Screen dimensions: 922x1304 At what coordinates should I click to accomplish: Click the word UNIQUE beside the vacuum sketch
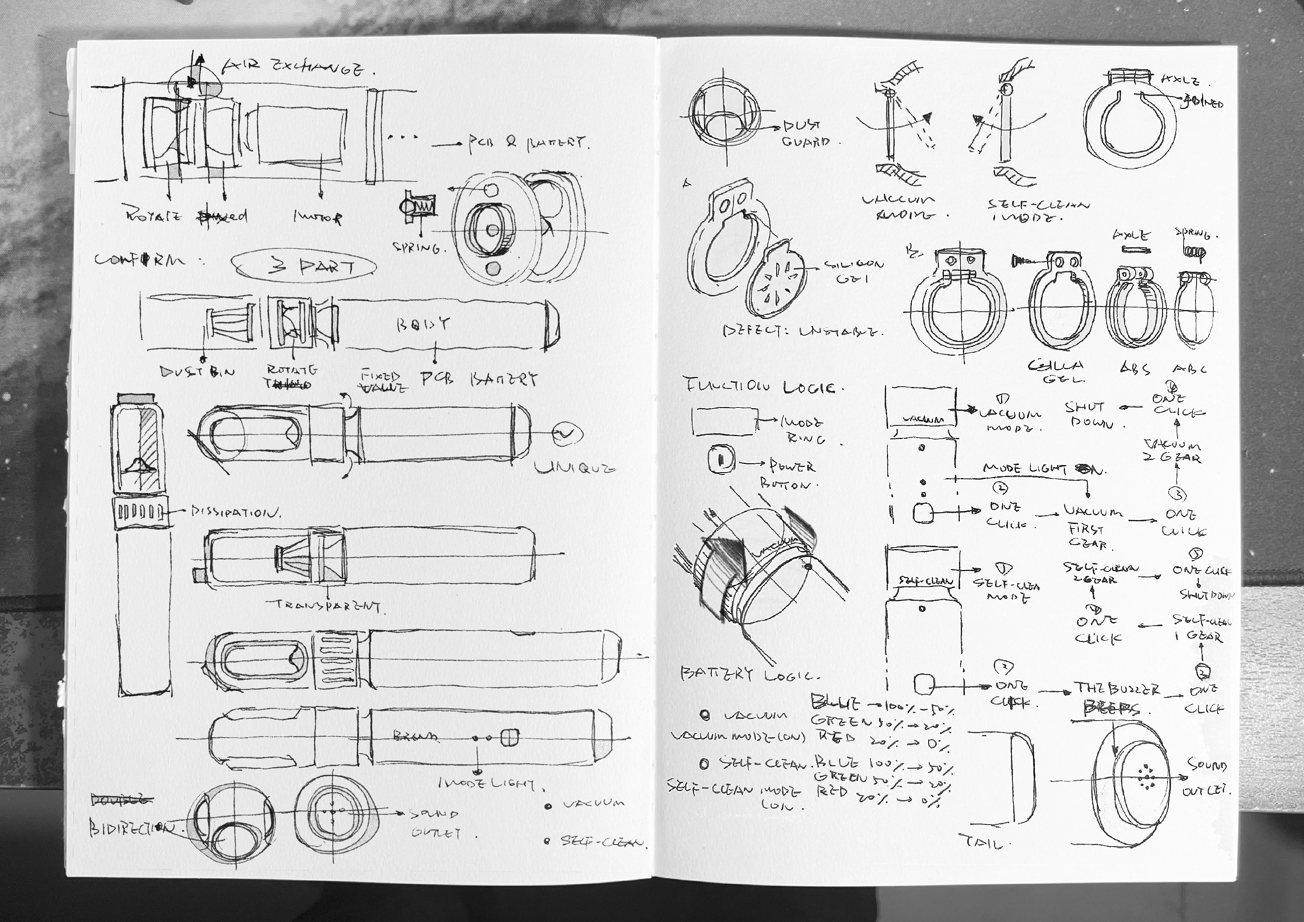pos(574,468)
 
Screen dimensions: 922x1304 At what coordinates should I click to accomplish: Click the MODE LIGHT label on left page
pos(491,784)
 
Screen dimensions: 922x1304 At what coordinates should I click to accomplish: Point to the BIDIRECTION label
pos(131,828)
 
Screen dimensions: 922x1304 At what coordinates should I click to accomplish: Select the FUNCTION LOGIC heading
pos(760,387)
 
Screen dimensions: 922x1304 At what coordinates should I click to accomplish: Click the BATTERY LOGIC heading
pos(749,675)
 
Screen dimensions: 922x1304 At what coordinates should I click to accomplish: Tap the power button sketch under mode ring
pos(721,459)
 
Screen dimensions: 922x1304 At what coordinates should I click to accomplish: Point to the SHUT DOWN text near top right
pos(1088,415)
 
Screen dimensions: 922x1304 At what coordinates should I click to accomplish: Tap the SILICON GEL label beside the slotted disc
pos(853,271)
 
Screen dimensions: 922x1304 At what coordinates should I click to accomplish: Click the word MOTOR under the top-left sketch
pos(318,217)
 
